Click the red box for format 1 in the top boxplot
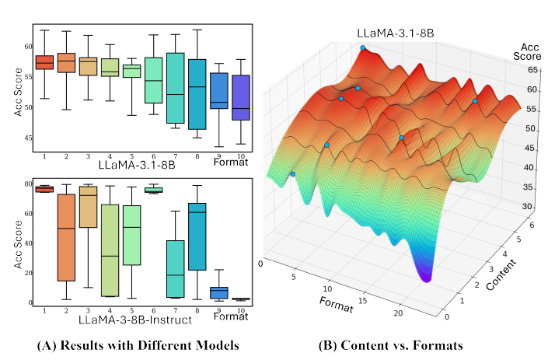tap(44, 62)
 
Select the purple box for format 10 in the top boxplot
tap(241, 98)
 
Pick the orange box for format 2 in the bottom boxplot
tap(66, 237)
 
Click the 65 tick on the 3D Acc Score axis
tap(533, 70)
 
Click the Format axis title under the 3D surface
tap(336, 303)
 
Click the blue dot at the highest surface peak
tap(362, 48)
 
